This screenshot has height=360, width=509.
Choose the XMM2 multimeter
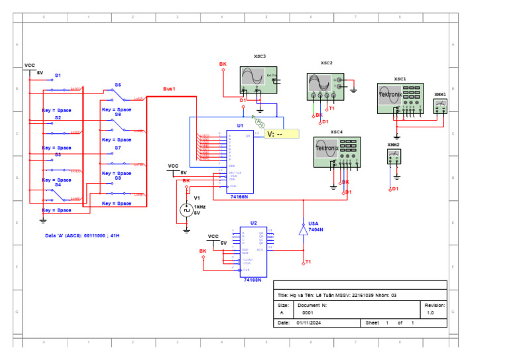[394, 156]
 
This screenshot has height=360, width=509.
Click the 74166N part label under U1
[239, 197]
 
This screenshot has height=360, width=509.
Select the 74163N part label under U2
[252, 280]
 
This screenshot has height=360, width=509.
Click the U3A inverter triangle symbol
[303, 229]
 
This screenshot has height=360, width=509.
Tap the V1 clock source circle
[186, 210]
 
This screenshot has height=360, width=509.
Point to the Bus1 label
[170, 88]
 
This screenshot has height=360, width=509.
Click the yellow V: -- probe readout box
[282, 134]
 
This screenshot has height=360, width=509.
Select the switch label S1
[58, 76]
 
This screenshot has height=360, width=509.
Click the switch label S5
[118, 85]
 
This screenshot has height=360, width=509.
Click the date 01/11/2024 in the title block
[308, 323]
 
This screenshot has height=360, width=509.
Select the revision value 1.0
[430, 312]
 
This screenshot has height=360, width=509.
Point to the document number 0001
[308, 312]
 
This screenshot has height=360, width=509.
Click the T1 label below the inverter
[308, 262]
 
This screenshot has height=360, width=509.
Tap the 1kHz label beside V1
[199, 207]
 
